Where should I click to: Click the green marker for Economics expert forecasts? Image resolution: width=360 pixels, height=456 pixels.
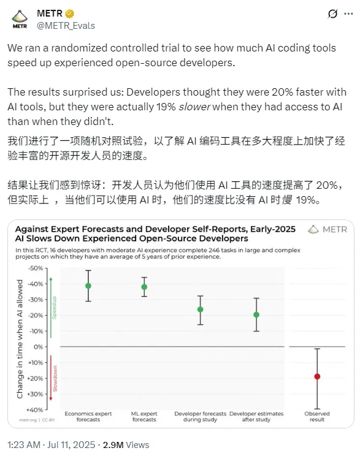coord(88,286)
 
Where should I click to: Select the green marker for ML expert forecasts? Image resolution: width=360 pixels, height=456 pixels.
coord(144,287)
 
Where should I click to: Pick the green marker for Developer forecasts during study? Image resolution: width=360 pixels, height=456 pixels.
coord(200,310)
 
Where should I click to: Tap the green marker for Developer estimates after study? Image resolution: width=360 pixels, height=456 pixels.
coord(256,314)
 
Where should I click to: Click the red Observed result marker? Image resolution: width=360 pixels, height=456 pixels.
coord(317,376)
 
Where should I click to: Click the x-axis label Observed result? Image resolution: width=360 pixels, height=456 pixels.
coord(317,416)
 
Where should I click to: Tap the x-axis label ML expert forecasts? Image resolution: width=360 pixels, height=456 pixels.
coord(144,416)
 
